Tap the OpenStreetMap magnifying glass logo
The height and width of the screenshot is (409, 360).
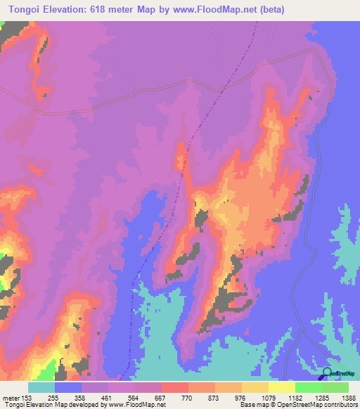point(327,373)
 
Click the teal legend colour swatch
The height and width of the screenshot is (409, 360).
point(41,388)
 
